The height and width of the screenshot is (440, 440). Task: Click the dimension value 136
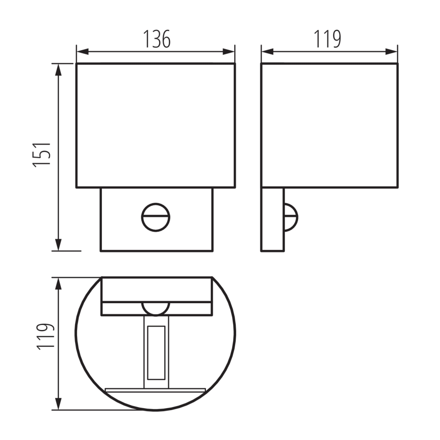coord(156,39)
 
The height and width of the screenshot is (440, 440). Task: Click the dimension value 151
coord(43,155)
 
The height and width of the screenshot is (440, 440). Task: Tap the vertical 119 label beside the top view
coord(45,336)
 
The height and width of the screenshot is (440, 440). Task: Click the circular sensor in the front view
coord(155,218)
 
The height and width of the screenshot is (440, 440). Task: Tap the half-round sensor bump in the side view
coord(291,217)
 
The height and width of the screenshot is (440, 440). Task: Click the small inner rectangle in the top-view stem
coord(156,352)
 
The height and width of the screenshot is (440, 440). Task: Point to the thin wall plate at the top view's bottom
coord(155,390)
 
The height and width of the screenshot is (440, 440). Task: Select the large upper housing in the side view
coord(329,125)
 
